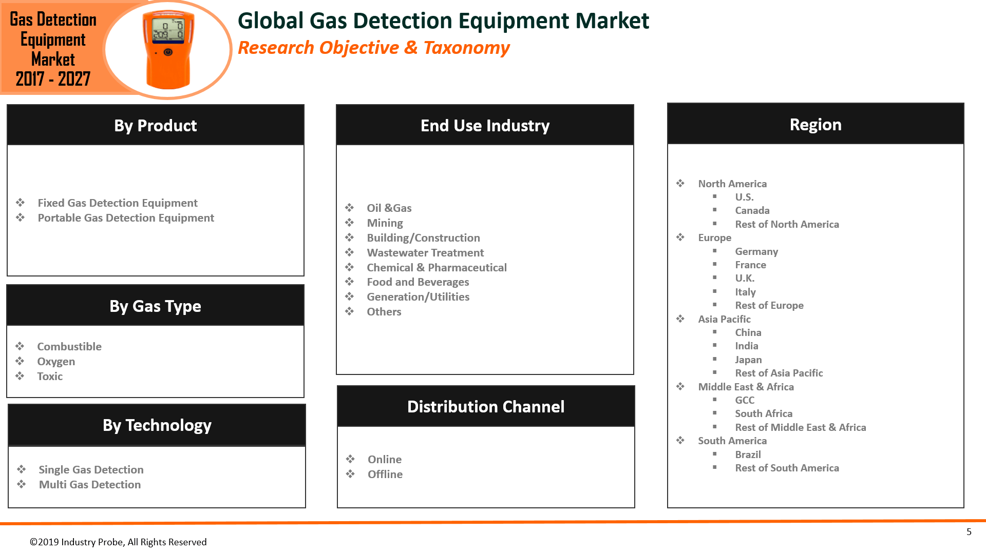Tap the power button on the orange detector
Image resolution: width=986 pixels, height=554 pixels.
click(168, 52)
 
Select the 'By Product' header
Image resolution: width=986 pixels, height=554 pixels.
click(155, 125)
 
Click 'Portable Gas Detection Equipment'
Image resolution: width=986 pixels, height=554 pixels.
click(126, 218)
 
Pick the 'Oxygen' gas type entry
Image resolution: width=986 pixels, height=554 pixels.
click(56, 362)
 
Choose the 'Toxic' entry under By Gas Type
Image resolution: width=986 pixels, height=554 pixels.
click(50, 377)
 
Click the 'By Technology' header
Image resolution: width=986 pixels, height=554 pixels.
click(157, 425)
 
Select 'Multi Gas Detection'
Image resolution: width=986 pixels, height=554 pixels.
click(90, 485)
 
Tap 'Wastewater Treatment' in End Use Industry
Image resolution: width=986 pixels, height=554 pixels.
click(425, 253)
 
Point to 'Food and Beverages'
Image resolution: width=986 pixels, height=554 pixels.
click(418, 282)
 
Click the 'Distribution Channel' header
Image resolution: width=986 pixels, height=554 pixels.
click(485, 407)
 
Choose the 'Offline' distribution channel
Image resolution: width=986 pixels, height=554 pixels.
click(385, 474)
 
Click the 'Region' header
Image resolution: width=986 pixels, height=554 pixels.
click(815, 125)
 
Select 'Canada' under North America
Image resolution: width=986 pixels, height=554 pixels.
click(752, 211)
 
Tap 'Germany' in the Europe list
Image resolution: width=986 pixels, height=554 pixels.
click(756, 251)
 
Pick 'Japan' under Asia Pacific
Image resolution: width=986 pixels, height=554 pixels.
click(748, 360)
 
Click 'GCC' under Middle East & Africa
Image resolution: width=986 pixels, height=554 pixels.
click(745, 400)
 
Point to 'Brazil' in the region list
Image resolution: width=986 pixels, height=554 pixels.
click(748, 454)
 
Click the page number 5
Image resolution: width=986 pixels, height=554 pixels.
click(969, 532)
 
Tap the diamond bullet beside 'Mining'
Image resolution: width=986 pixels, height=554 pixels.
click(350, 223)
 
